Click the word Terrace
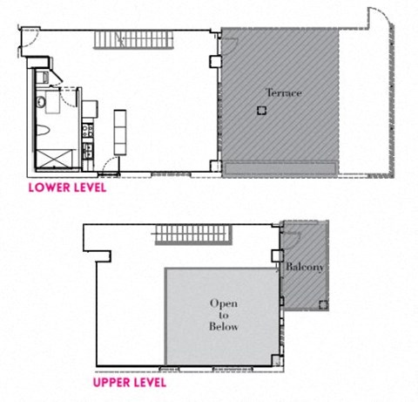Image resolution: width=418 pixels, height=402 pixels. pyautogui.click(x=283, y=92)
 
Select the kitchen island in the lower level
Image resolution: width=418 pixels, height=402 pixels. pyautogui.click(x=121, y=131)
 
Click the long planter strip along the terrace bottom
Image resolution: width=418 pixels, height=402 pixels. pyautogui.click(x=280, y=167)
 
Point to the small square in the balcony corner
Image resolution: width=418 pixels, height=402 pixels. pyautogui.click(x=323, y=304)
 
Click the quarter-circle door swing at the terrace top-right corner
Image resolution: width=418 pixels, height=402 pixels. pyautogui.click(x=380, y=19)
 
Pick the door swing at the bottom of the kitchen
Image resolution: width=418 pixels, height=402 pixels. pyautogui.click(x=104, y=167)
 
